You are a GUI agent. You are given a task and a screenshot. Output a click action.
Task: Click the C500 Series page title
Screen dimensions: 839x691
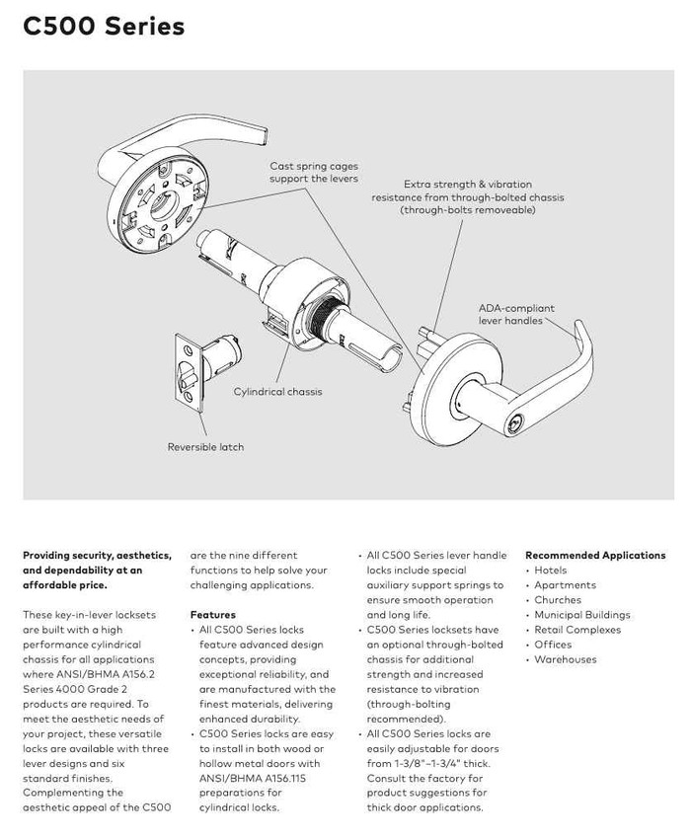104,27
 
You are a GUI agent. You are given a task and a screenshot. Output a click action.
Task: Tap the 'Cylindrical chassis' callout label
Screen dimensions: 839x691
277,392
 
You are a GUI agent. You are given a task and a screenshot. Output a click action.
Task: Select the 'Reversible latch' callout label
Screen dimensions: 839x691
205,447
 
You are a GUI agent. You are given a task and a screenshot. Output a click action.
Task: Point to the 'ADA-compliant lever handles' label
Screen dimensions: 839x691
516,314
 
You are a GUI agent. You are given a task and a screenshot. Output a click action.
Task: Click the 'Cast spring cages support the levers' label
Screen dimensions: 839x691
314,173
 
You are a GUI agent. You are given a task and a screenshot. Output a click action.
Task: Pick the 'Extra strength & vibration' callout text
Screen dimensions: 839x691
468,185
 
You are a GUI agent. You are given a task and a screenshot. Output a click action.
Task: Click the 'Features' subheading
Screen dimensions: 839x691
212,615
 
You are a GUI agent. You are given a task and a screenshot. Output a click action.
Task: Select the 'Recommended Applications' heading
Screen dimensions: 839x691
595,556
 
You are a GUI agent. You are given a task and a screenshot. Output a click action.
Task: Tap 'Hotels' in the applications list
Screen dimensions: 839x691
550,571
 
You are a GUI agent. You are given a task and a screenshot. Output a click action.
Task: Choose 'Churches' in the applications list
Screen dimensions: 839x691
558,600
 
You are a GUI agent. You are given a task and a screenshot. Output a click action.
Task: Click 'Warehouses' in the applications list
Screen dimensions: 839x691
566,659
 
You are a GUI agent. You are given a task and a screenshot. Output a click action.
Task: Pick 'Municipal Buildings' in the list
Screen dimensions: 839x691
581,615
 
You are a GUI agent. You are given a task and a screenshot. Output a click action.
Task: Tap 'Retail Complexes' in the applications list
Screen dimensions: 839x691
576,630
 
